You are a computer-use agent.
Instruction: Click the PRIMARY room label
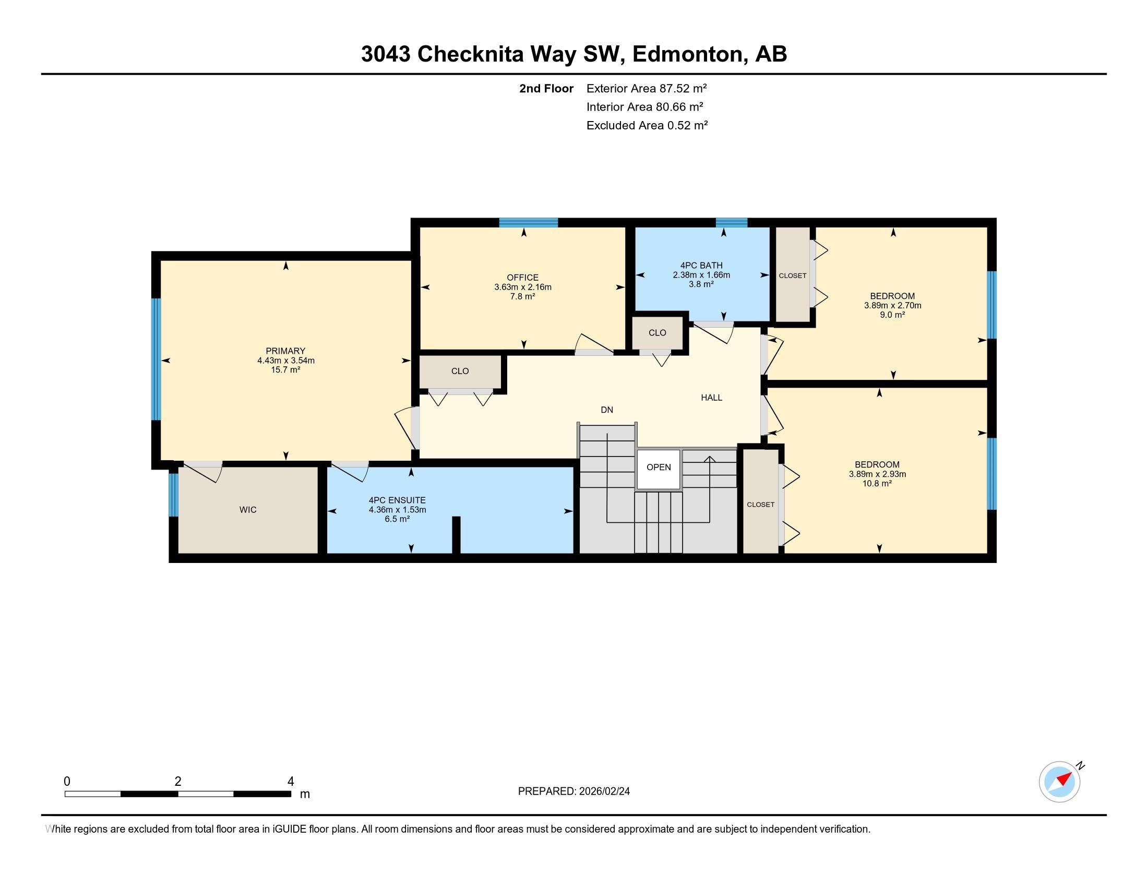point(285,351)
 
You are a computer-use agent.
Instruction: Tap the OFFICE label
point(522,278)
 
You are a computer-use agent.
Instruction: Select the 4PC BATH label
point(701,266)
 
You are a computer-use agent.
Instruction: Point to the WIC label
point(248,510)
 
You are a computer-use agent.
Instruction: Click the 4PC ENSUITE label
point(398,500)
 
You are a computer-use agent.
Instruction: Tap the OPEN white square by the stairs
point(659,468)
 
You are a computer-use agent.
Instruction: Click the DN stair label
point(607,410)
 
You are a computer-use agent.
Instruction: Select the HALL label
point(712,398)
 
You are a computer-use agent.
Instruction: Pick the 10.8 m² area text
point(877,484)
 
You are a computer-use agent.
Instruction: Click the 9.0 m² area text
point(892,315)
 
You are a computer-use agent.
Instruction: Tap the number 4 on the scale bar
point(291,782)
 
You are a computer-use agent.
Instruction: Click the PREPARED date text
point(574,792)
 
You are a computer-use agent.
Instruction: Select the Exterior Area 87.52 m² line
point(647,88)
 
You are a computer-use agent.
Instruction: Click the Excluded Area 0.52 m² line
point(647,125)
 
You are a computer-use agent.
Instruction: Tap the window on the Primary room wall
point(156,359)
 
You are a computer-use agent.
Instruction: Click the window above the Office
point(528,222)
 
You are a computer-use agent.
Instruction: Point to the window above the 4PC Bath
point(732,222)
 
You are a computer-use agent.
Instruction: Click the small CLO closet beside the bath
point(657,333)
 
